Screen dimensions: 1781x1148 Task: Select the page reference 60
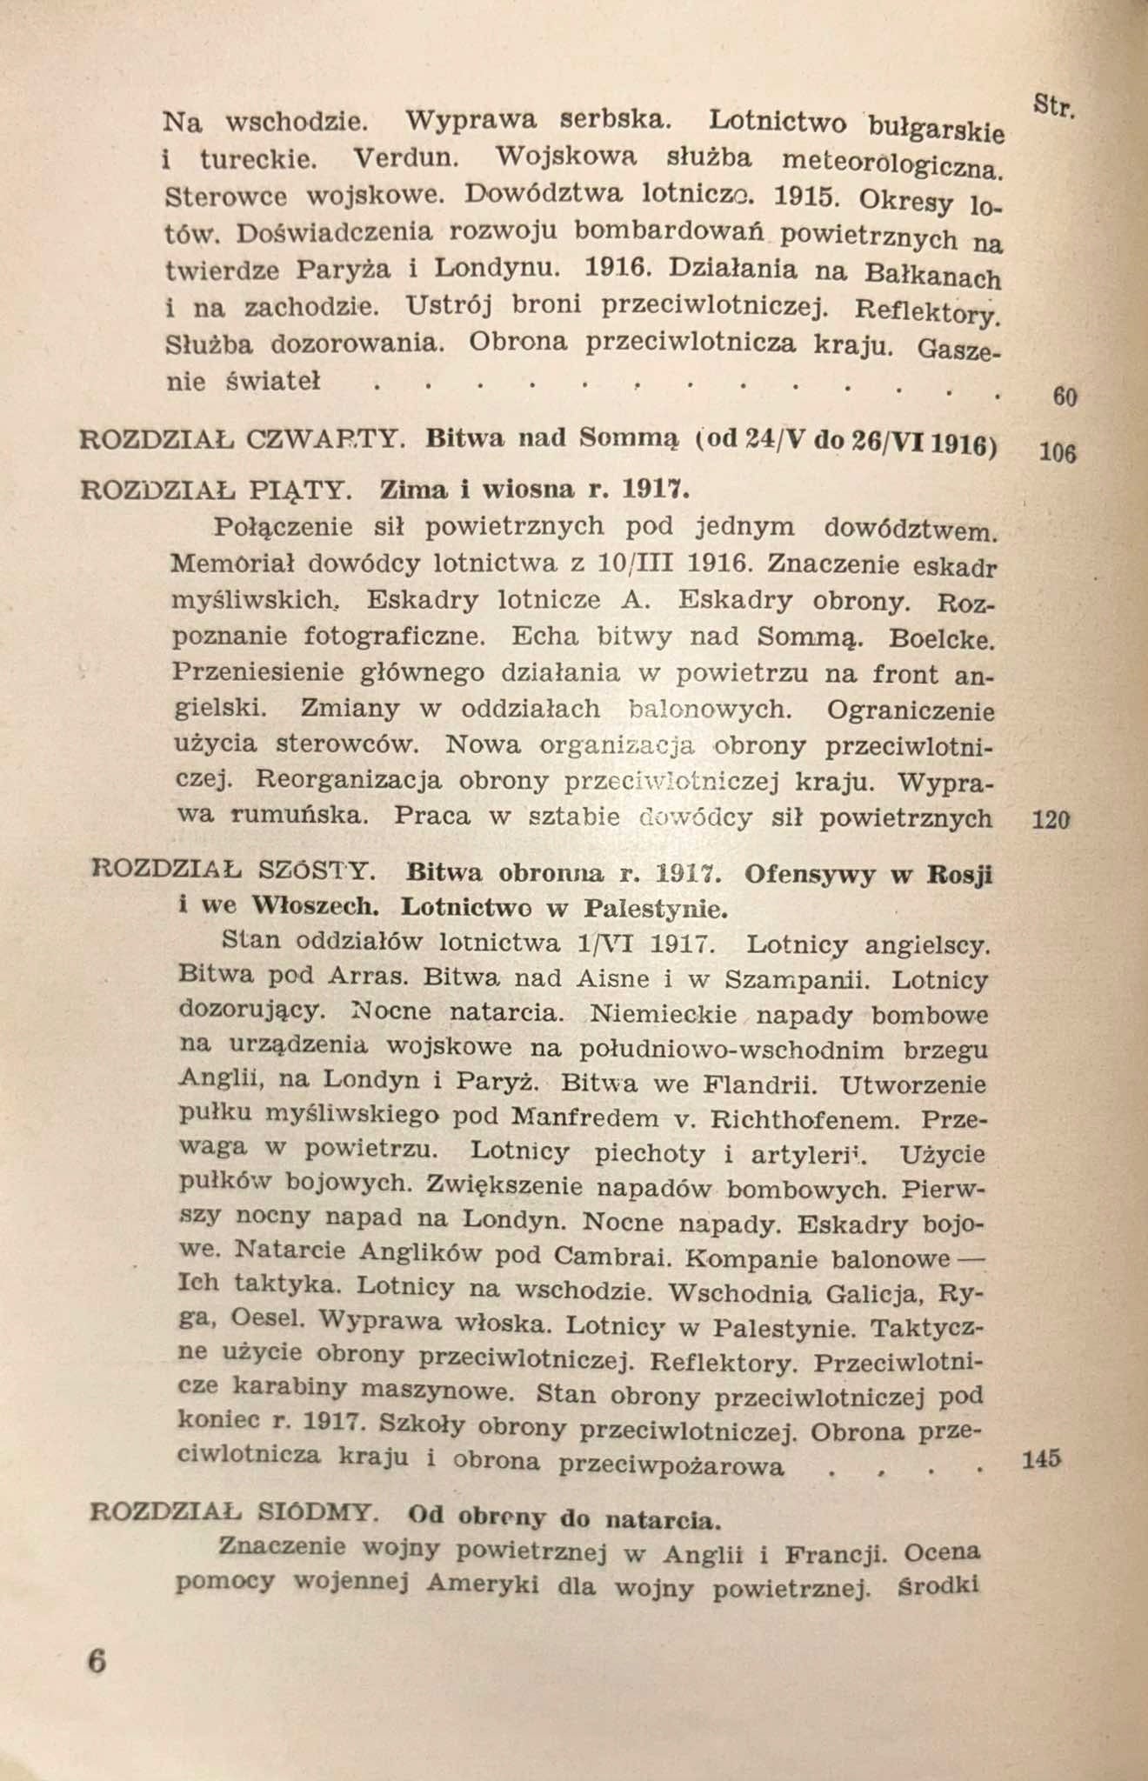1065,398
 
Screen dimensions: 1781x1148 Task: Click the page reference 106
1058,453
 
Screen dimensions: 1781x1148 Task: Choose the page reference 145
1042,1458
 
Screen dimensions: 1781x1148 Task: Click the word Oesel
269,1319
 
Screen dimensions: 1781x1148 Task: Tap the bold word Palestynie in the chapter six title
652,910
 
